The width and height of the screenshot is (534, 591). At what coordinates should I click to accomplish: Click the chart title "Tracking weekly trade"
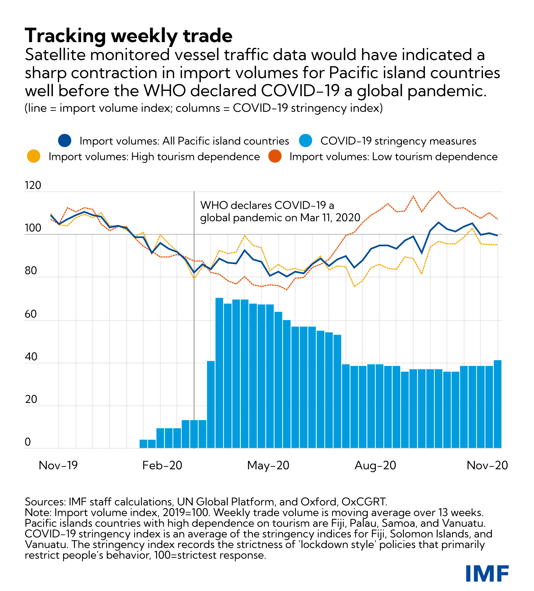[128, 35]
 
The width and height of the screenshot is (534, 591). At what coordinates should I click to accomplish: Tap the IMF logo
[487, 573]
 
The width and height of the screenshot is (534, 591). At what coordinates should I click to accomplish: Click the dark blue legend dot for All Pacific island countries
[65, 141]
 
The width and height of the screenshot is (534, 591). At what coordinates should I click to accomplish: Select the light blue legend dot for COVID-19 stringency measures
[306, 141]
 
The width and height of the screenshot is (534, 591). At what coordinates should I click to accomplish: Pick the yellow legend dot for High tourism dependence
[34, 157]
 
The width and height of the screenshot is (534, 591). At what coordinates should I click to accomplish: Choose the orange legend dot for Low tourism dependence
[275, 157]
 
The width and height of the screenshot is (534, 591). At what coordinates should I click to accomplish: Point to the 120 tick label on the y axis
[33, 186]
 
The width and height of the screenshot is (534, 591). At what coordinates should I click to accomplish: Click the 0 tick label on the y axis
[28, 442]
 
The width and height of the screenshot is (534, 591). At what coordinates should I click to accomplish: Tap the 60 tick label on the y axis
[31, 314]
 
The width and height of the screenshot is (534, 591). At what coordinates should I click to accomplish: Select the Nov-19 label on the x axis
[58, 465]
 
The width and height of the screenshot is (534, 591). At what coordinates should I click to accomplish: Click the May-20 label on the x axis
[268, 465]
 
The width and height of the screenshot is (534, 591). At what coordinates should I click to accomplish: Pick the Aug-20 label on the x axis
[375, 465]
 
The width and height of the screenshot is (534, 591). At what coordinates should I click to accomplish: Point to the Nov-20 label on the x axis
[487, 465]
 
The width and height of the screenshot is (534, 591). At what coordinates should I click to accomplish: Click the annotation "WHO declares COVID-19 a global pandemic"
[280, 211]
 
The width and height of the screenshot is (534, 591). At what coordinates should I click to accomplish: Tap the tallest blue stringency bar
[219, 373]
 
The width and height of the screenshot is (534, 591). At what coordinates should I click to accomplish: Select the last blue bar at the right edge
[498, 404]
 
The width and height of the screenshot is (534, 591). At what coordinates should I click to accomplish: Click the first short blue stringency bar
[143, 444]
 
